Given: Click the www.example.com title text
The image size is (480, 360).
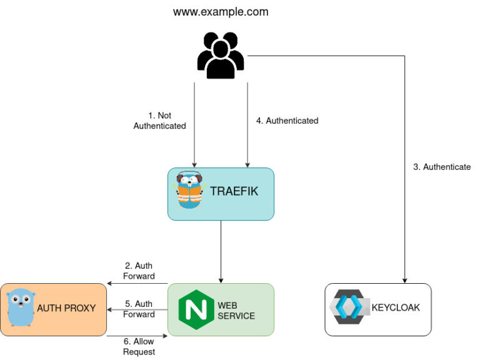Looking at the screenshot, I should pyautogui.click(x=221, y=11).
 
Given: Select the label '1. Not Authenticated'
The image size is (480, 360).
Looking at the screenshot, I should pyautogui.click(x=159, y=121).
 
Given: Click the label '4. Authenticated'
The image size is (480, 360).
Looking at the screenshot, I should pyautogui.click(x=287, y=121).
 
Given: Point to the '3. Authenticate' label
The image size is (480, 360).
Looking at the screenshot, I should pyautogui.click(x=442, y=167).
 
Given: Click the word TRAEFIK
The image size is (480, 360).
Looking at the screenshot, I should pyautogui.click(x=234, y=192).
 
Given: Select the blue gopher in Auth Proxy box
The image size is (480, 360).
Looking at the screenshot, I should pyautogui.click(x=21, y=307).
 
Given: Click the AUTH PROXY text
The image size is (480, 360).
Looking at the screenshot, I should pyautogui.click(x=66, y=308).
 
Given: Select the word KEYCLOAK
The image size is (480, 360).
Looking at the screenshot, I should pyautogui.click(x=396, y=307).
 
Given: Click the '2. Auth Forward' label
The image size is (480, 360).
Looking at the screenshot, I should pyautogui.click(x=139, y=271).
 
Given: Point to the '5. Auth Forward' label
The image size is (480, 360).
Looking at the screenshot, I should pyautogui.click(x=139, y=309).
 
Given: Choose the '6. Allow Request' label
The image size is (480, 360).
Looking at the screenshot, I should pyautogui.click(x=139, y=347).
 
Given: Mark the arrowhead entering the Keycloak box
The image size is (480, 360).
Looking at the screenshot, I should pyautogui.click(x=406, y=279).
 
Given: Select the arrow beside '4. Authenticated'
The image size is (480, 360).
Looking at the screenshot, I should pyautogui.click(x=247, y=125).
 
